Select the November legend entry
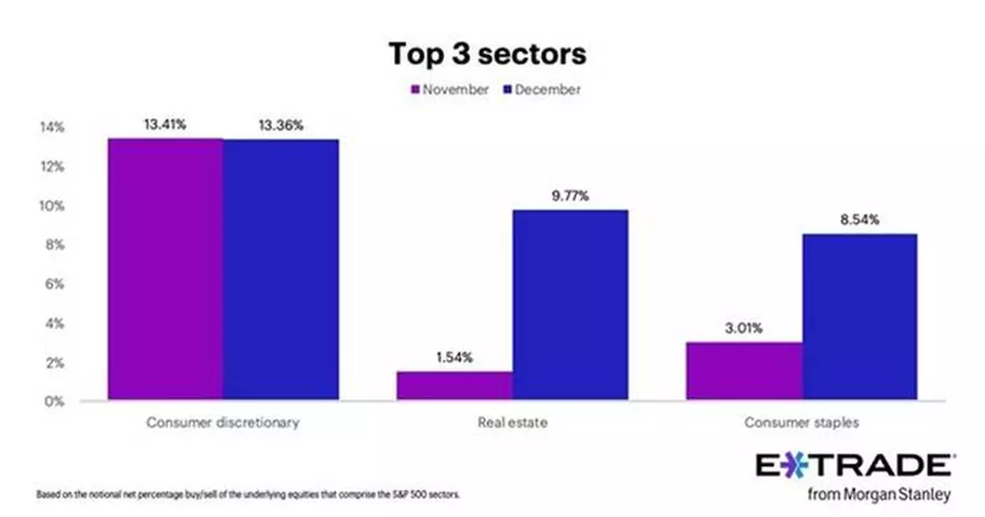point(451,90)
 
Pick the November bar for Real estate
point(455,385)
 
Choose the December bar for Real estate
point(570,305)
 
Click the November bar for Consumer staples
point(744,372)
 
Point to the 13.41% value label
point(165,126)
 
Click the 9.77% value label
point(570,196)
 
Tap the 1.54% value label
point(455,358)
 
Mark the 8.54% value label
point(859,220)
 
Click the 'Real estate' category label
point(512,423)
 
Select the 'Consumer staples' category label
point(802,423)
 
